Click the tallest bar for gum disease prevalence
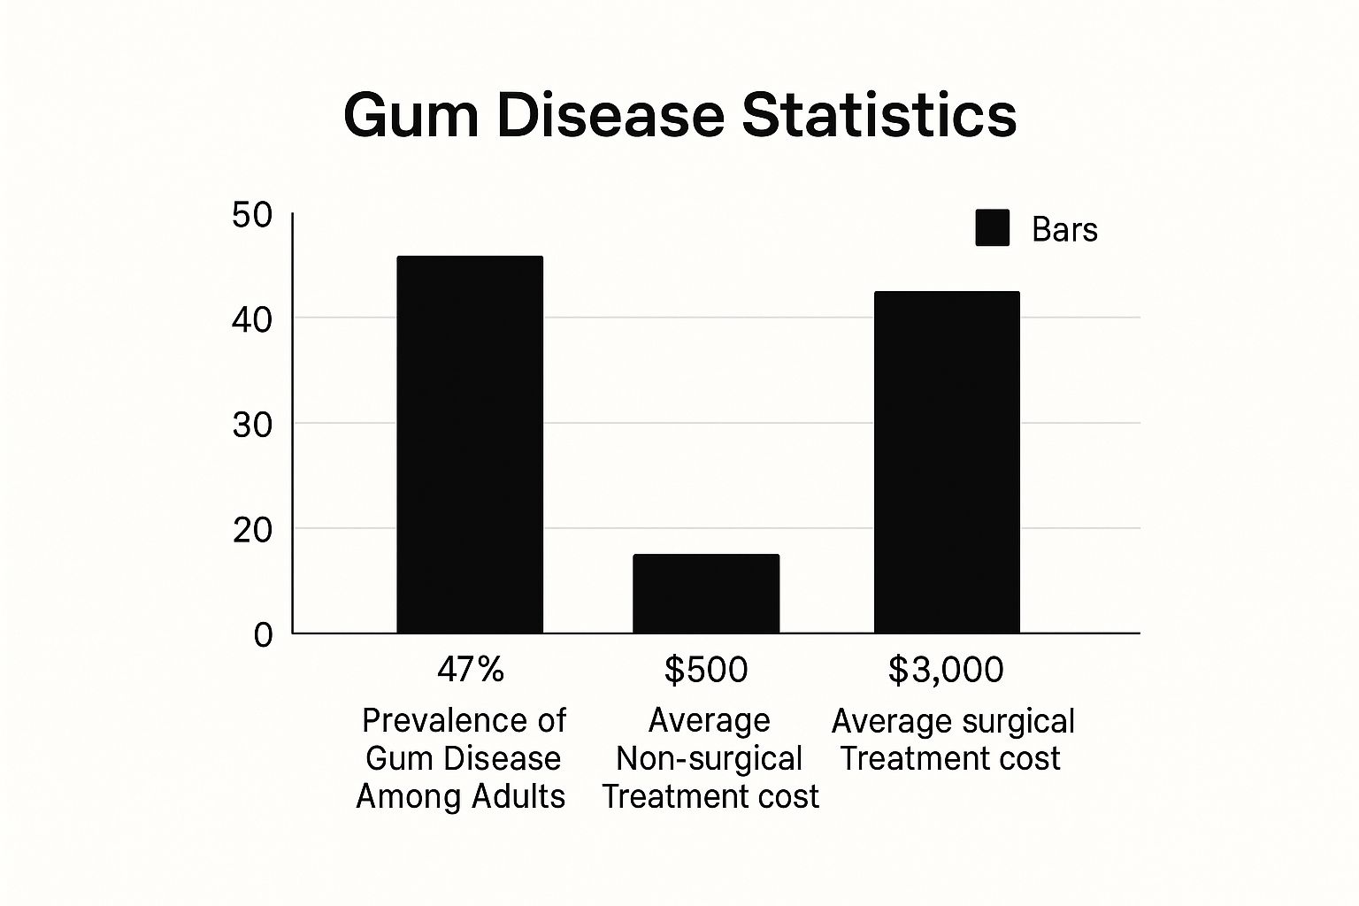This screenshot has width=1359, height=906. pyautogui.click(x=470, y=444)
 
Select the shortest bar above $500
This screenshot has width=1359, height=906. pyautogui.click(x=706, y=593)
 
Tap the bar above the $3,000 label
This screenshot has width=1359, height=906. pyautogui.click(x=947, y=462)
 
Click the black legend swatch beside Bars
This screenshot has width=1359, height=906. pyautogui.click(x=992, y=228)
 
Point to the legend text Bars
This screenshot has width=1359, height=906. pyautogui.click(x=1064, y=230)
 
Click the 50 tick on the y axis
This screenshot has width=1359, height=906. pyautogui.click(x=251, y=216)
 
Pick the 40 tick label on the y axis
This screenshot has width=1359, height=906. pyautogui.click(x=251, y=319)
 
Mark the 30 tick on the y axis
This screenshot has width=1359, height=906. pyautogui.click(x=251, y=426)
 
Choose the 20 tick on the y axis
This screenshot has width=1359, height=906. pyautogui.click(x=251, y=531)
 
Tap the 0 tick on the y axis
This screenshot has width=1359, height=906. pyautogui.click(x=263, y=635)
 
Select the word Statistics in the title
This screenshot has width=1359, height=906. pyautogui.click(x=879, y=116)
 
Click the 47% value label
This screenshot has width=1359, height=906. pyautogui.click(x=470, y=670)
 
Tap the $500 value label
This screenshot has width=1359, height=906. pyautogui.click(x=706, y=670)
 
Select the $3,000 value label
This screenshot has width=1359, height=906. pyautogui.click(x=946, y=670)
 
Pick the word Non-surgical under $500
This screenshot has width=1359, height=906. pyautogui.click(x=709, y=759)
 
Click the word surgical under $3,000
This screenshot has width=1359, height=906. pyautogui.click(x=1017, y=722)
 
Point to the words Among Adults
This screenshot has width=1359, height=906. pyautogui.click(x=460, y=796)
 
